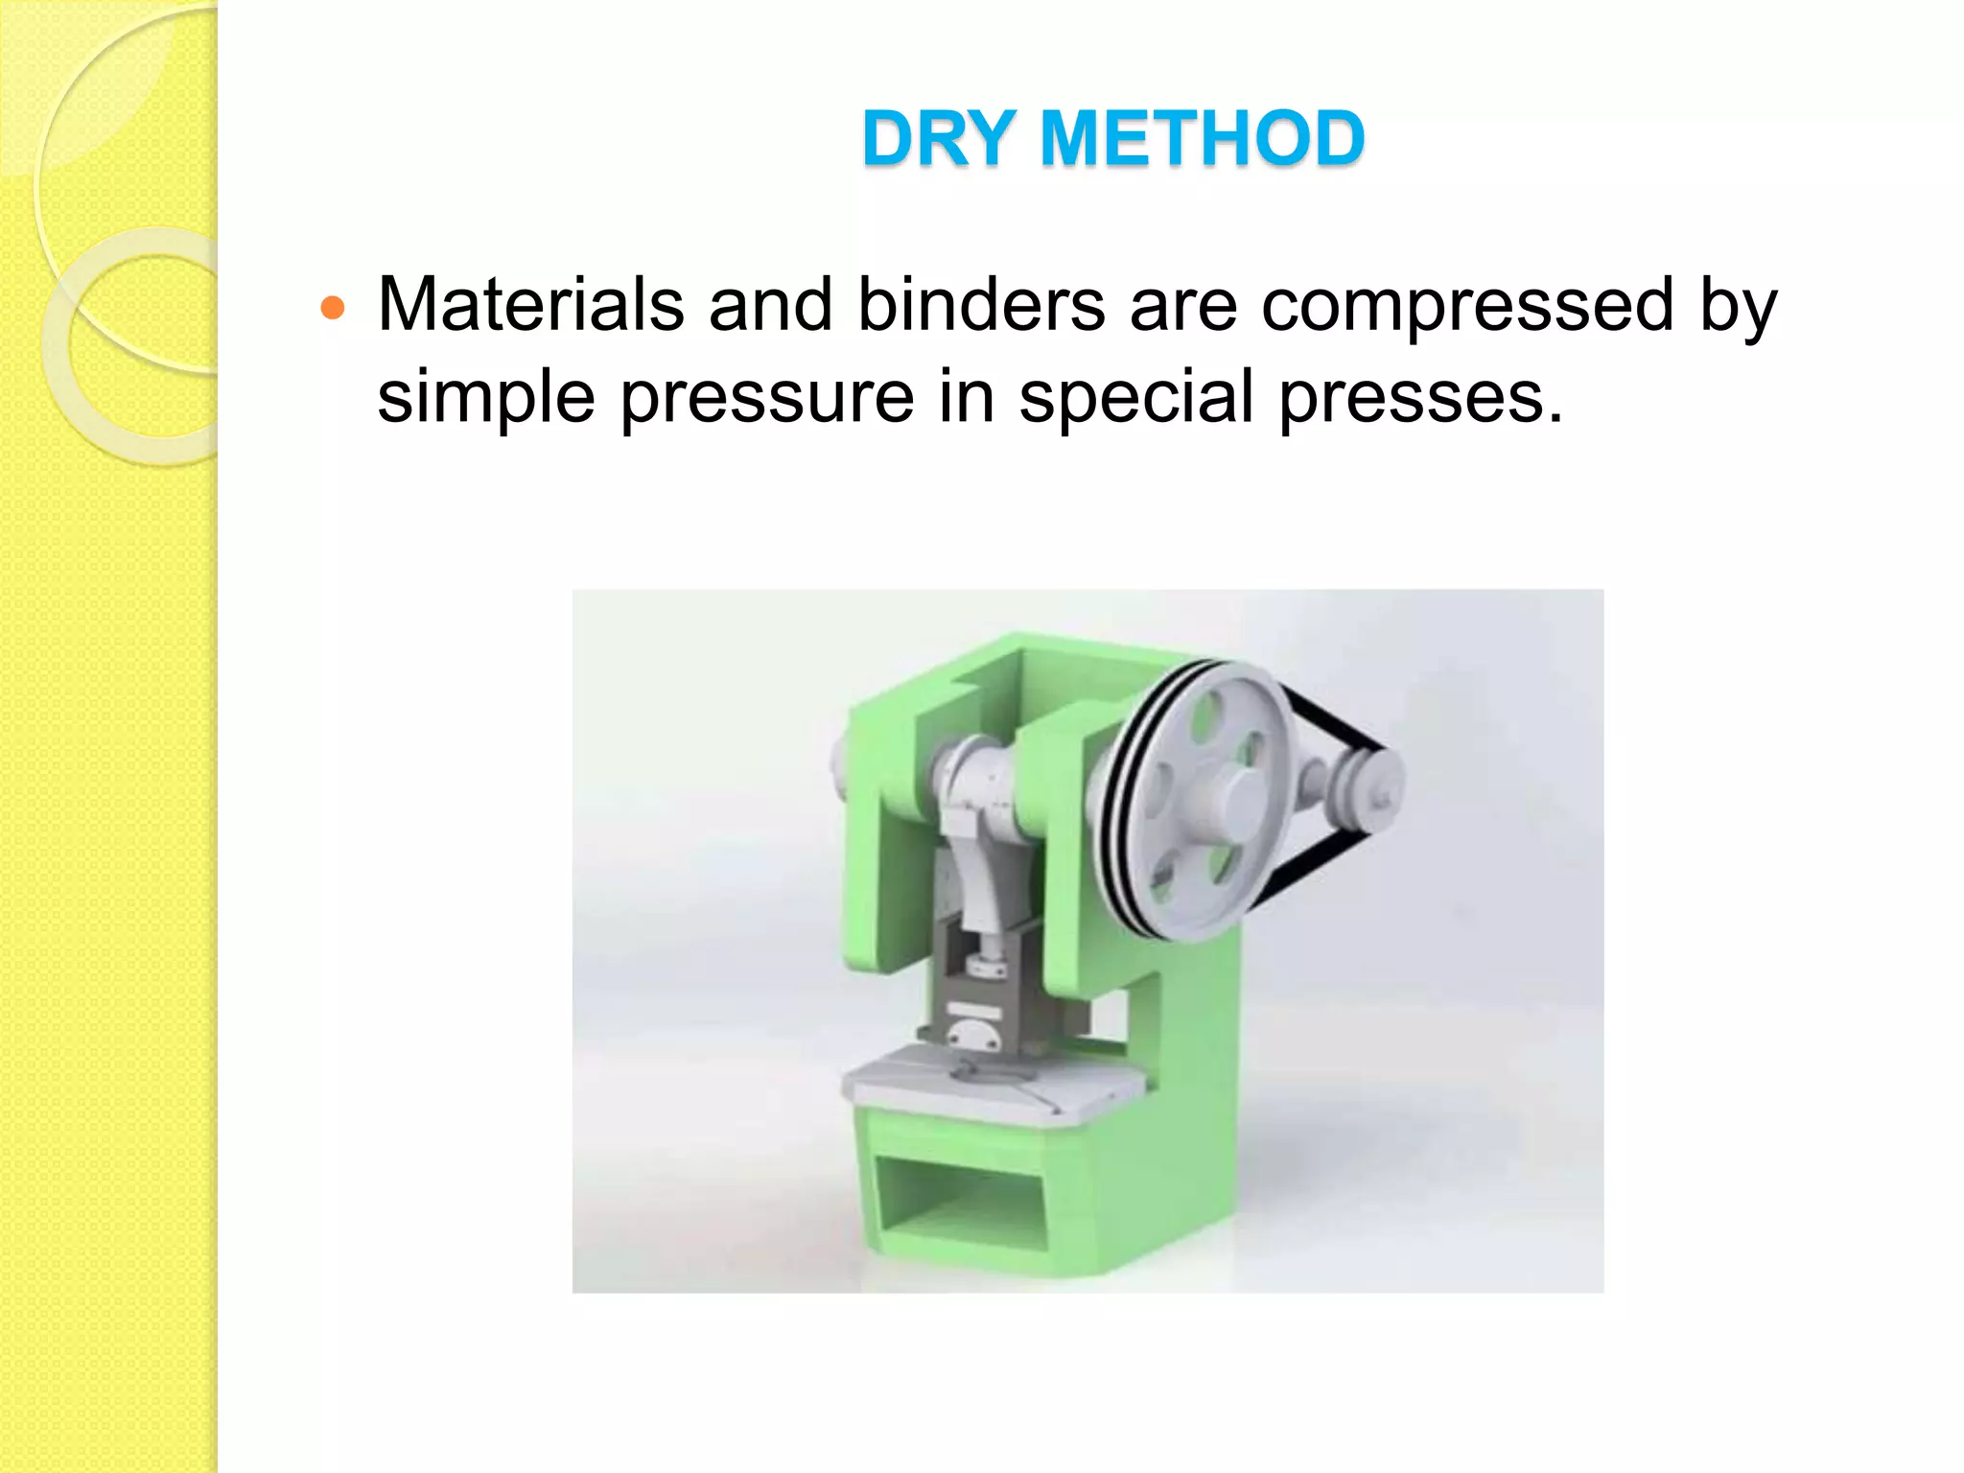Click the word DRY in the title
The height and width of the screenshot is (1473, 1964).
939,139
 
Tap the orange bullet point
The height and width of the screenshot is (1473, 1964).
332,309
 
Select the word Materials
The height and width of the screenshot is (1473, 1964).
530,305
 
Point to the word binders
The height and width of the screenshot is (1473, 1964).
981,305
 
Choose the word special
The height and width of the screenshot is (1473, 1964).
1135,397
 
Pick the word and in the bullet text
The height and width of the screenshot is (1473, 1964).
770,305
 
